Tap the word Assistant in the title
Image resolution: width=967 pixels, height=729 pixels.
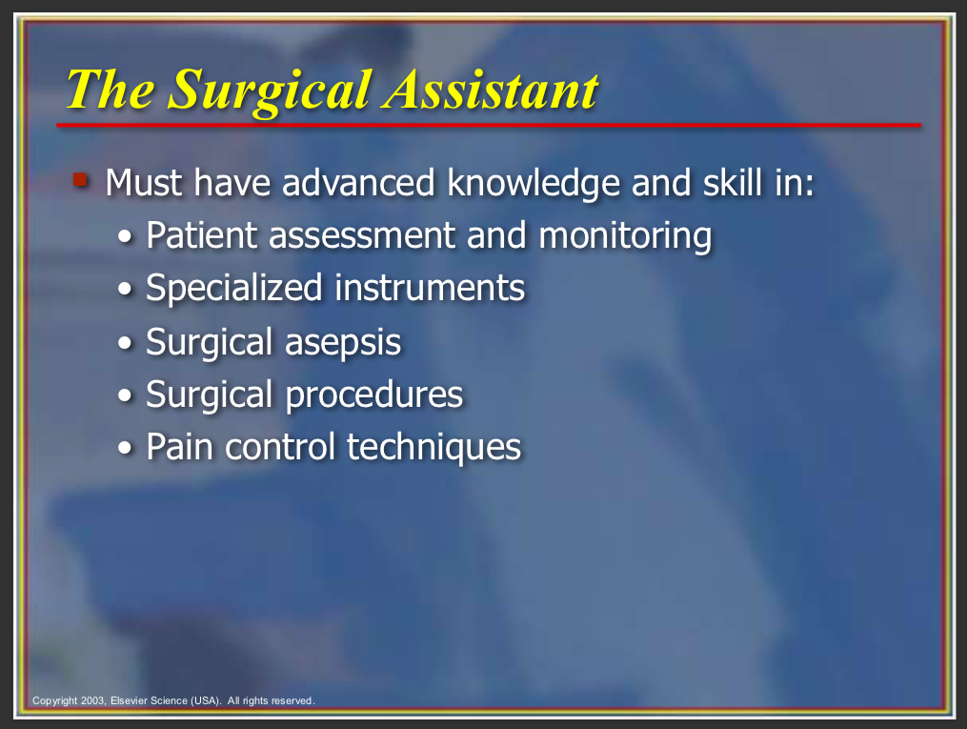tap(491, 90)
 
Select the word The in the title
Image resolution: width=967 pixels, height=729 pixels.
tap(111, 90)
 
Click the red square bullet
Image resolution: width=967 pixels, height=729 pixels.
tap(81, 179)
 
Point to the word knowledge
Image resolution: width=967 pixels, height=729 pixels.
tap(534, 184)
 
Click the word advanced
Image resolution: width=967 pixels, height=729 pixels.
tap(358, 183)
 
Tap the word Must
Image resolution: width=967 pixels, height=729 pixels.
tap(144, 183)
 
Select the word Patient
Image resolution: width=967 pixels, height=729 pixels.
tap(202, 235)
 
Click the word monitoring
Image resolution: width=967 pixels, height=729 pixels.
tap(625, 237)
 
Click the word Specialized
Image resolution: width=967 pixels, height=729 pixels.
tap(234, 289)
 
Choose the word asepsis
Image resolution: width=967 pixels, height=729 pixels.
tap(343, 343)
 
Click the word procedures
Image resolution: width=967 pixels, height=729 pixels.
tap(373, 395)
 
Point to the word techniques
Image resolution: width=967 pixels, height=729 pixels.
tap(434, 448)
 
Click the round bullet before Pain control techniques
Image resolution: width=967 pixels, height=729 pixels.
tap(125, 449)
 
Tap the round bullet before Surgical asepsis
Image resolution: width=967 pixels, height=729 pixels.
tap(125, 343)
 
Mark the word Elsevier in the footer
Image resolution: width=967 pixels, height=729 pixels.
tap(129, 700)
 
